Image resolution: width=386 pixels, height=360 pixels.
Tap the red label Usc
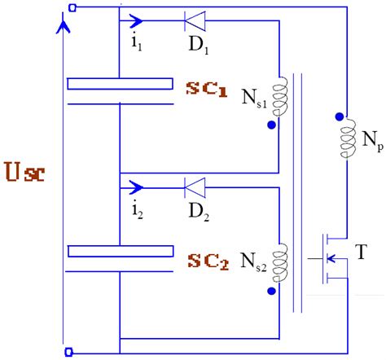[x=25, y=173]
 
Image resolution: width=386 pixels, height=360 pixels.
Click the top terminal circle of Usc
[x=72, y=8]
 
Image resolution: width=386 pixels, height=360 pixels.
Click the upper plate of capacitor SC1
[x=120, y=83]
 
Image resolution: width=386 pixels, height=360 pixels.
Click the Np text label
[x=366, y=151]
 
